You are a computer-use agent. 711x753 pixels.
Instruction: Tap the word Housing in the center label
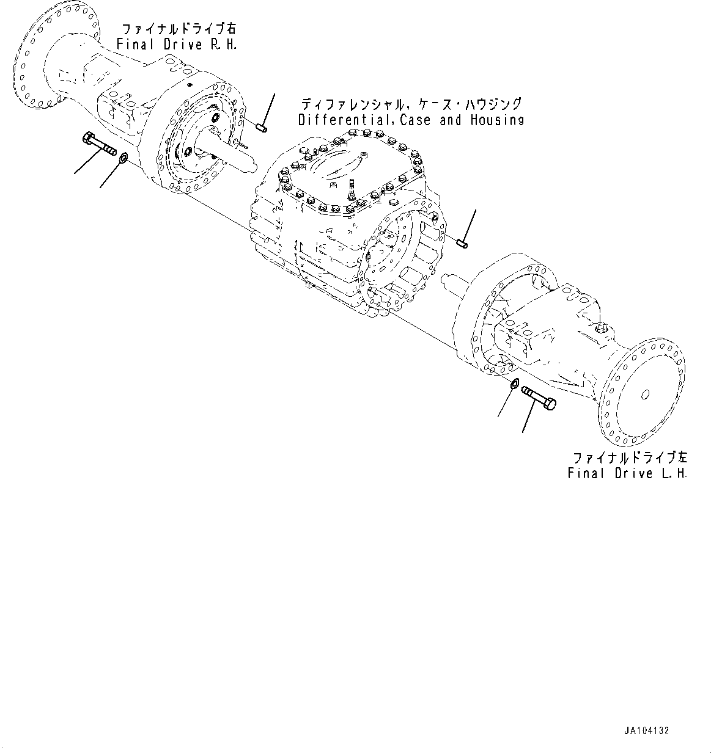coord(496,120)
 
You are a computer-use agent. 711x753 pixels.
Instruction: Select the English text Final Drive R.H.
coord(177,45)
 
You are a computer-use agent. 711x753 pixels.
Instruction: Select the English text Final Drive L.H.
coord(627,473)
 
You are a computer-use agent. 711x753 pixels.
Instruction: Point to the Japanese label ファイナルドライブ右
coord(178,29)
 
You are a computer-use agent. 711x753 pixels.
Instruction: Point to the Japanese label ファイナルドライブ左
coord(629,457)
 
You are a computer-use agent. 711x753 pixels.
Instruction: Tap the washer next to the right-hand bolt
coord(122,159)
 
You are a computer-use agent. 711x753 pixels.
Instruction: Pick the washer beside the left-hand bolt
coord(514,384)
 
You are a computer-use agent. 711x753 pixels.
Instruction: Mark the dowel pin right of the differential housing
coord(462,244)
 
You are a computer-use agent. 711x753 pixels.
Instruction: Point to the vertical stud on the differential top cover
coord(353,186)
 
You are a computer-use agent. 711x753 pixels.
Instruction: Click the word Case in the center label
coord(418,120)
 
